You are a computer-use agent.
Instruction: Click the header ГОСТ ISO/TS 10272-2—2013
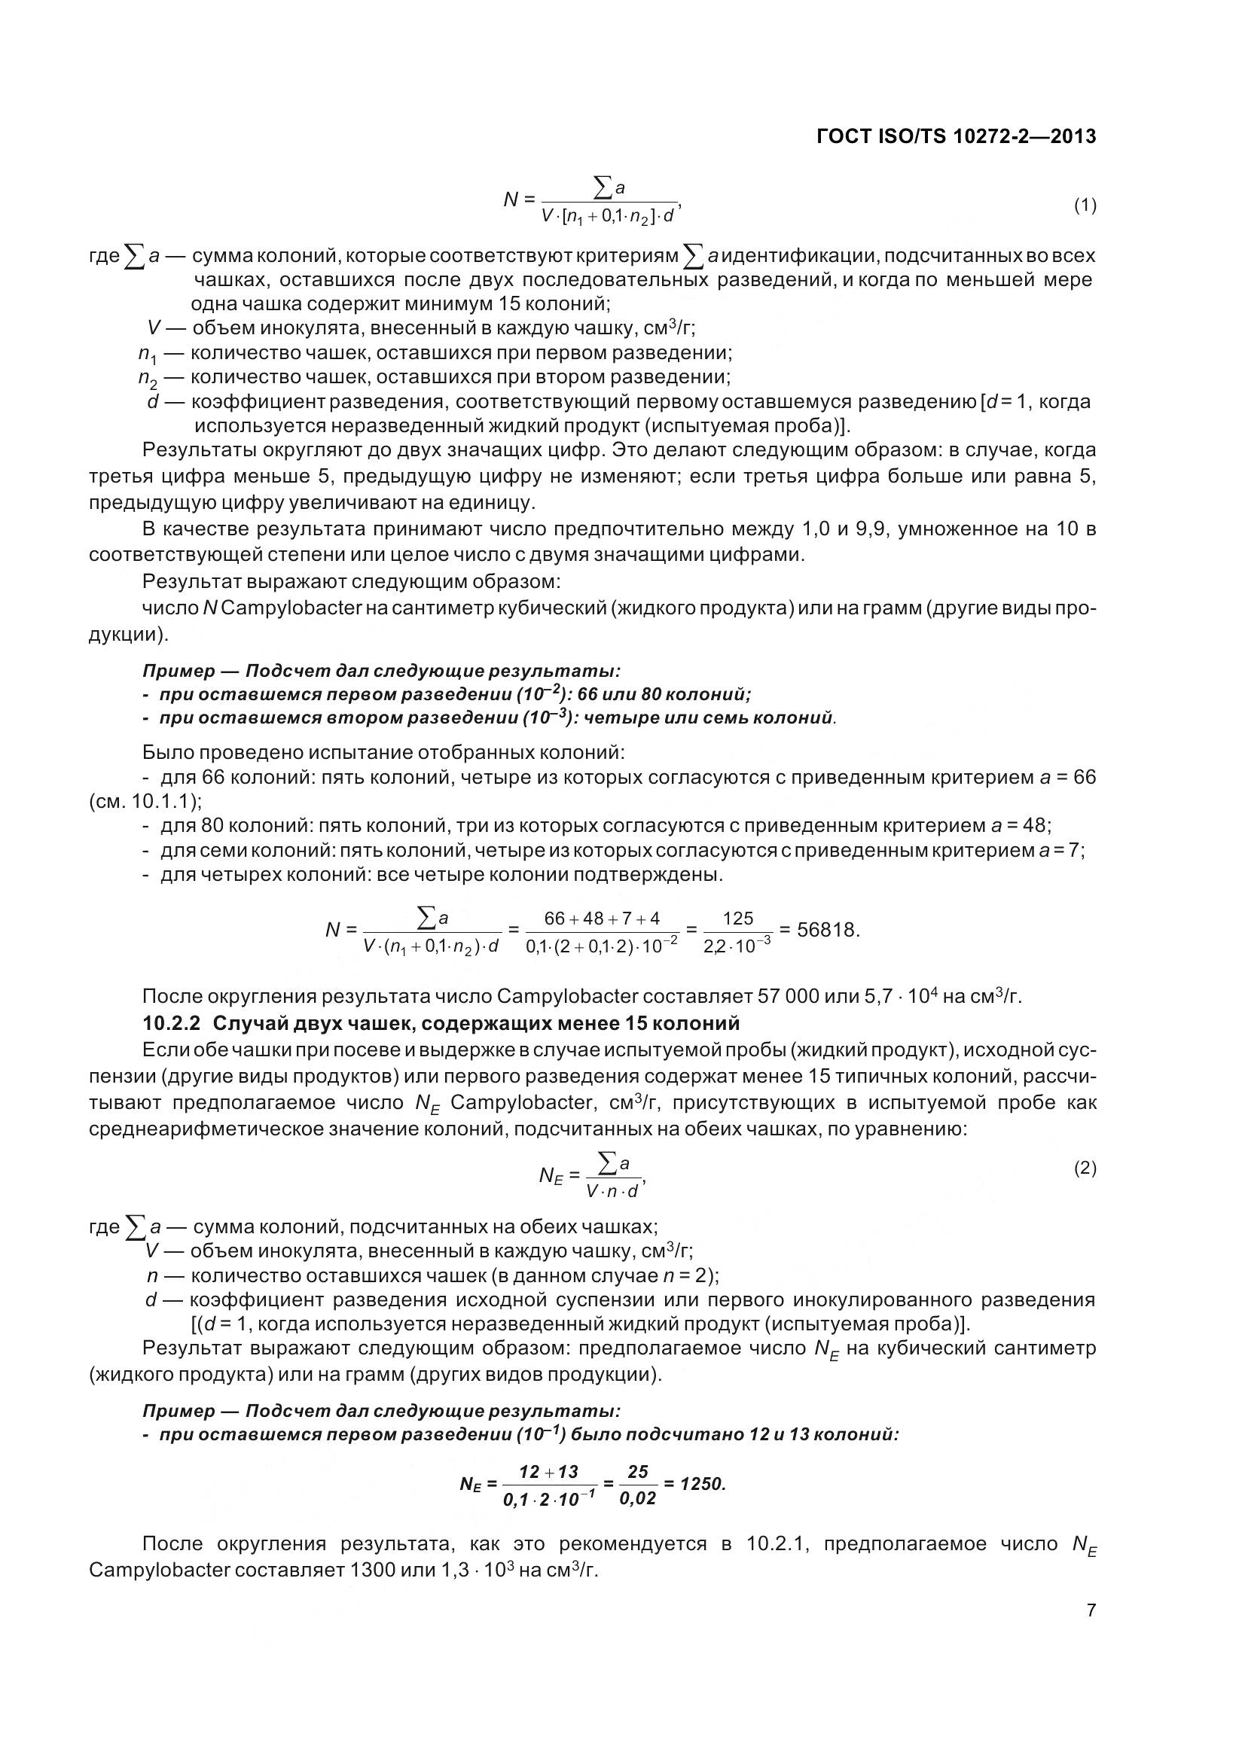click(x=956, y=137)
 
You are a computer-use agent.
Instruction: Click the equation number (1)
click(x=1085, y=205)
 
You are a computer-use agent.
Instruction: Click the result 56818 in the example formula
click(x=827, y=931)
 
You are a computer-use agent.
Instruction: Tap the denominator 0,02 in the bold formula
click(x=637, y=1498)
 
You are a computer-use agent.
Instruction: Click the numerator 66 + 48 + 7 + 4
click(x=601, y=918)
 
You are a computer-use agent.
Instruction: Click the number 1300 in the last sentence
click(x=373, y=1570)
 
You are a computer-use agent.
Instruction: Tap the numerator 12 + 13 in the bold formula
click(x=548, y=1471)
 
